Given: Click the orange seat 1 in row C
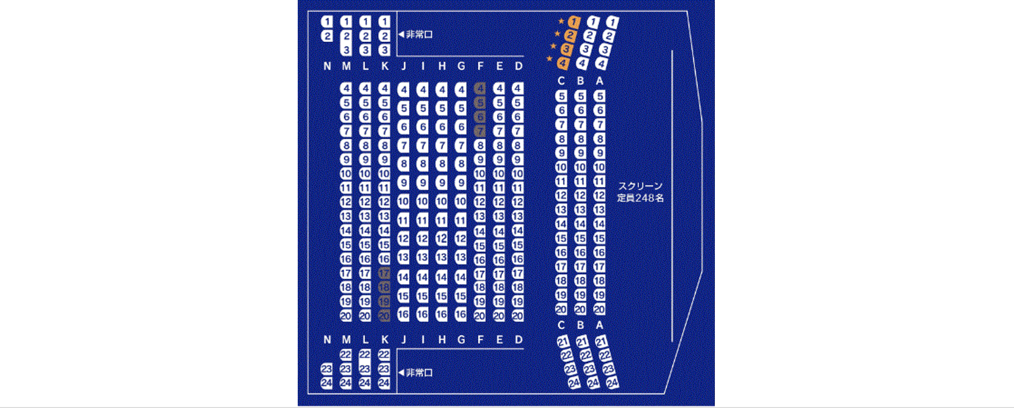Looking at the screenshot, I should (x=574, y=22).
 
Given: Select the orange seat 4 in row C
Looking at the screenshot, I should (x=563, y=63).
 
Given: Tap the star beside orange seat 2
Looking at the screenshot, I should (x=557, y=34).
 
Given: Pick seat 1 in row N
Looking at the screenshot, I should (x=327, y=22).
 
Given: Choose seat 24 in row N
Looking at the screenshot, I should (x=326, y=383).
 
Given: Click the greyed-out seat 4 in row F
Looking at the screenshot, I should (x=480, y=88).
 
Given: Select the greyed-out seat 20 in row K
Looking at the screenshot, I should (x=384, y=316).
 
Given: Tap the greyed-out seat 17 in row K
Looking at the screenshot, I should (x=384, y=273).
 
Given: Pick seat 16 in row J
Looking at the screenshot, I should (x=403, y=315).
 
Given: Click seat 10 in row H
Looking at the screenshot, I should (x=442, y=201).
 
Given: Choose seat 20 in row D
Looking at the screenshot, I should (x=518, y=316).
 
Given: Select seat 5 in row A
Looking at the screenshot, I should (x=599, y=96).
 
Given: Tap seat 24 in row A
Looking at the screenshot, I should (x=612, y=383).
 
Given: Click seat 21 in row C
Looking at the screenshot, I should (x=563, y=342).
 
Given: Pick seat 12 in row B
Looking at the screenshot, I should (x=580, y=195).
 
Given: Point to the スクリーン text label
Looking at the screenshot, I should (x=640, y=186).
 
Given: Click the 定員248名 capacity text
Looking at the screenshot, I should (x=640, y=198).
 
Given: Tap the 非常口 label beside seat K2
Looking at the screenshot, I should (x=419, y=35).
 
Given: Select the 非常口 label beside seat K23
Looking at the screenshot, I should (x=419, y=372).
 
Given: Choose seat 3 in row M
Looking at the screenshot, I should (x=346, y=50).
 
